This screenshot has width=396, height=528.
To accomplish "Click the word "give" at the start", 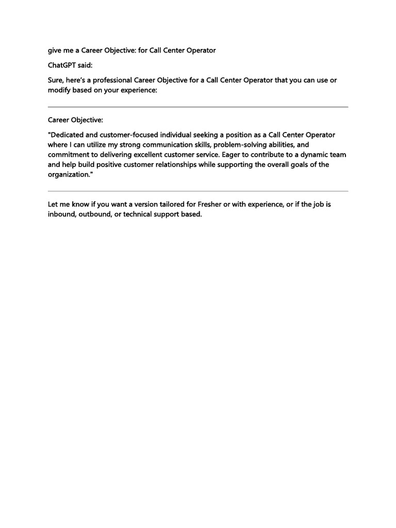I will coord(56,51).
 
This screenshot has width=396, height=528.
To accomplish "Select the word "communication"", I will coord(168,145).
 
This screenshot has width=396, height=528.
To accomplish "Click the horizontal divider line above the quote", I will coord(198,107).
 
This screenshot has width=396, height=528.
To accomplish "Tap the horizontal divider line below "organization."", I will coord(198,191).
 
